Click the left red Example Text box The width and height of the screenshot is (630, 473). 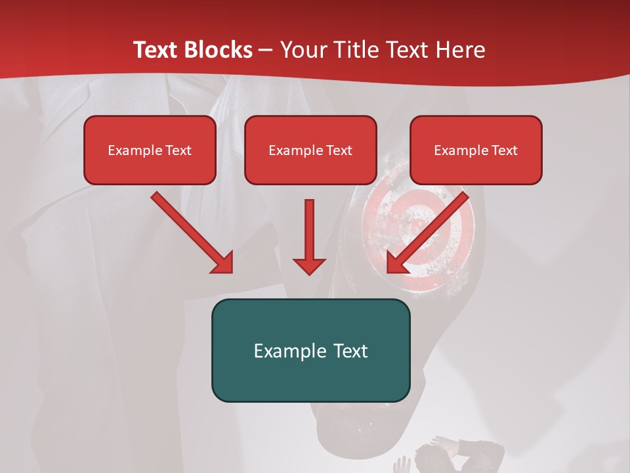click(150, 150)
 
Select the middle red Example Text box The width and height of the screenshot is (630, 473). click(310, 150)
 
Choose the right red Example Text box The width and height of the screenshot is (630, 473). click(476, 150)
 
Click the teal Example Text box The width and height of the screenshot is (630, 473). click(310, 350)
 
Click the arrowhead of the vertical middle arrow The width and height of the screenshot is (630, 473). click(309, 265)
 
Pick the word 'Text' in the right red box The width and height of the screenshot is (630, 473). click(504, 150)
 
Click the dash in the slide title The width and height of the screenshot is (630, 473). click(266, 50)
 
